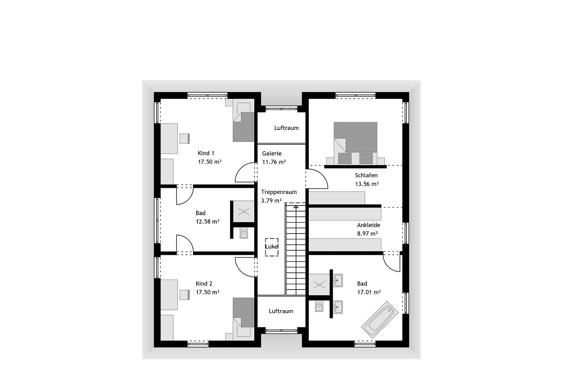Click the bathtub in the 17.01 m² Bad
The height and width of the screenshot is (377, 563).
(380, 320)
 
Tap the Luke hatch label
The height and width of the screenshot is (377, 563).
(272, 246)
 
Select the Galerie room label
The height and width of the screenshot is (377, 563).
(272, 154)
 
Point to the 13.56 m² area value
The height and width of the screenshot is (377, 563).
(367, 184)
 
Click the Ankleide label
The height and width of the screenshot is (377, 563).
(369, 225)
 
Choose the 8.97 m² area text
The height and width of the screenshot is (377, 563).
(367, 234)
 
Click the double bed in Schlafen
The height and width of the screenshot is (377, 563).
(355, 143)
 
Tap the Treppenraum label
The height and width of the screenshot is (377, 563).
(279, 192)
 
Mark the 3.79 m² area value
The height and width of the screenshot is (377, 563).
(271, 201)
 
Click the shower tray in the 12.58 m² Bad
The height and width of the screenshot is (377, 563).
(244, 212)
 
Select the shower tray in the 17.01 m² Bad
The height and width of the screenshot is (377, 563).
(319, 285)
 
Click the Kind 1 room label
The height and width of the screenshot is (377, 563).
(206, 153)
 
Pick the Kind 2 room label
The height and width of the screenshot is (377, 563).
(204, 283)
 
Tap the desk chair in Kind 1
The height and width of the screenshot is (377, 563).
(184, 139)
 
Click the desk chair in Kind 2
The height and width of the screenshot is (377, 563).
(184, 295)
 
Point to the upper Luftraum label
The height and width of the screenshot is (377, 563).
(286, 128)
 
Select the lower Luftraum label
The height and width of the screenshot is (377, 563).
(281, 311)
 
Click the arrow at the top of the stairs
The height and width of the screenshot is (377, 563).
(296, 207)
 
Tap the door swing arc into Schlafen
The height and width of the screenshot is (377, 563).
(321, 175)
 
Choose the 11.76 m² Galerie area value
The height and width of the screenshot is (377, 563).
(274, 162)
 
